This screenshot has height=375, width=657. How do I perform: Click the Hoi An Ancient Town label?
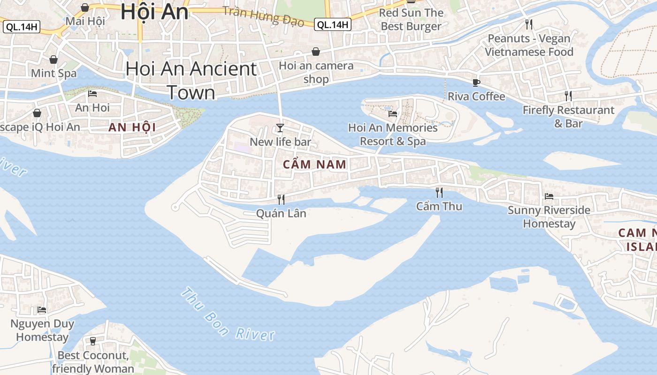point(191,81)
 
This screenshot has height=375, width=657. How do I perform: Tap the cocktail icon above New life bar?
point(280,127)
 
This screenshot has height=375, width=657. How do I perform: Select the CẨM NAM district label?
point(315,165)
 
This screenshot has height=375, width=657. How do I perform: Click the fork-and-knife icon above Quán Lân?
point(281,200)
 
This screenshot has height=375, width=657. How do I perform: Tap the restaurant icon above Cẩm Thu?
point(439,192)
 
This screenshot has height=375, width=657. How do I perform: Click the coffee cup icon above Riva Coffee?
point(476,83)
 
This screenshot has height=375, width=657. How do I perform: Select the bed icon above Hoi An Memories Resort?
point(393,113)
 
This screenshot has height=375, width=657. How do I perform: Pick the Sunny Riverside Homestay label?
point(549,217)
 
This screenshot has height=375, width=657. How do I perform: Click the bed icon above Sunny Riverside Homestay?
point(549,196)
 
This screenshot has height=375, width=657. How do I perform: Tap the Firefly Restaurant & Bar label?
point(568,117)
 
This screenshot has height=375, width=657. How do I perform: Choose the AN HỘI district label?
point(132,127)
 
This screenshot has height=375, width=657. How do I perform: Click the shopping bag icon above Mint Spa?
point(53,60)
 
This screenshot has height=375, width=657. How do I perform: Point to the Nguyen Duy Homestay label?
point(42,330)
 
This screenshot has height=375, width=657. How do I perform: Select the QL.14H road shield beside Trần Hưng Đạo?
point(333,25)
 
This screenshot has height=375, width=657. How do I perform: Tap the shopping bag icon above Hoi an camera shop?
point(316,52)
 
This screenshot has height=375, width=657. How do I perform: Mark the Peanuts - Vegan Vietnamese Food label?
point(529,45)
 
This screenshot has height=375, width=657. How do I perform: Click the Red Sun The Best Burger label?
point(411,19)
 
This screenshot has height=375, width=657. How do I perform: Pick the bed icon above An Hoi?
point(92,94)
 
